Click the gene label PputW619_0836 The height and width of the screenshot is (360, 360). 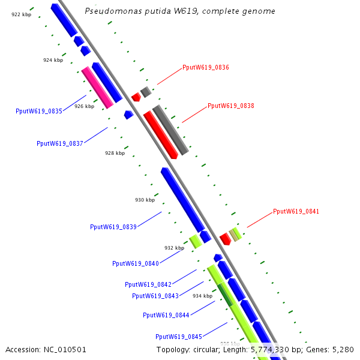[206, 67]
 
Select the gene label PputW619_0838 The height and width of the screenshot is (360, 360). [231, 106]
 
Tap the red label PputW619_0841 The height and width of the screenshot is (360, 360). [296, 211]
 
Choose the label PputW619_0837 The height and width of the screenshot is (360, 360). [59, 143]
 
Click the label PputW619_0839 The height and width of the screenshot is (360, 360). [113, 227]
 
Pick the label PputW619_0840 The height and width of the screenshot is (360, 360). [136, 263]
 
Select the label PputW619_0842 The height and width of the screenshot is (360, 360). [148, 284]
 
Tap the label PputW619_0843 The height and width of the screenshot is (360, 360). [155, 296]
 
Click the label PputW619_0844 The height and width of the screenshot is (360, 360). [166, 315]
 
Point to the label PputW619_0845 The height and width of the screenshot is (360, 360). [179, 337]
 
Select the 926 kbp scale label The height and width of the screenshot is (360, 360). [84, 106]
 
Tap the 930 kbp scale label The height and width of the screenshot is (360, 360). [145, 200]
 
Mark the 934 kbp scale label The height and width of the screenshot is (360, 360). [202, 296]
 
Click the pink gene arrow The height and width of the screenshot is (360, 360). [97, 88]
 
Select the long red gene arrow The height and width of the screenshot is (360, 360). [160, 134]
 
